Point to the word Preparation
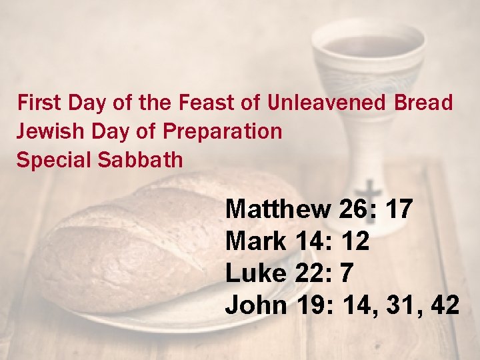(x=222, y=131)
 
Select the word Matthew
(x=277, y=209)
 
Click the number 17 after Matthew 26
(x=399, y=209)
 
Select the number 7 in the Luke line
(x=346, y=273)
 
